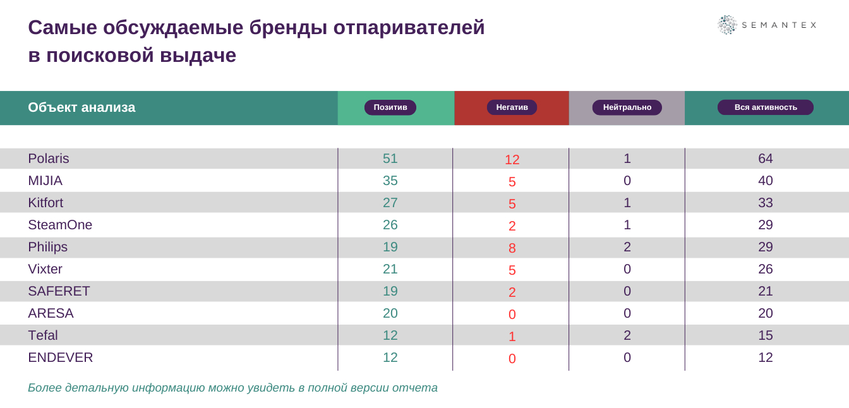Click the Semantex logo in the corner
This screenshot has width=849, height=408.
click(x=767, y=25)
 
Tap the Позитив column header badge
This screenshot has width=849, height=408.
click(x=390, y=107)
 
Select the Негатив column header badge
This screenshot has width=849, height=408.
click(x=512, y=107)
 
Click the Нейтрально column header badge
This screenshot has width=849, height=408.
click(x=627, y=107)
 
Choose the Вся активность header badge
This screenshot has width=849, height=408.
click(x=765, y=107)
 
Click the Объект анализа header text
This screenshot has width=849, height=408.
click(x=81, y=107)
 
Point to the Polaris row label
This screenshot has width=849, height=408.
click(x=49, y=159)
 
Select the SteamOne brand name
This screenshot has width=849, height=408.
click(x=60, y=225)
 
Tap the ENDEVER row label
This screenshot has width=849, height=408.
click(x=61, y=357)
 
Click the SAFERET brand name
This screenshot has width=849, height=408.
click(x=59, y=291)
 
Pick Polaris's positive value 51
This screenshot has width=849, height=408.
click(x=390, y=159)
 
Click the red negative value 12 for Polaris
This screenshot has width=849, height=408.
click(x=512, y=160)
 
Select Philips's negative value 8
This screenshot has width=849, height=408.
click(x=512, y=248)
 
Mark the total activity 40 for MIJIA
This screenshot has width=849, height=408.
click(x=765, y=181)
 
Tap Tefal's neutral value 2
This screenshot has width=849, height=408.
click(x=627, y=335)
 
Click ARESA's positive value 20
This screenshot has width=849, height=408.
click(x=390, y=313)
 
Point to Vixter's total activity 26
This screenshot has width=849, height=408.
click(x=765, y=269)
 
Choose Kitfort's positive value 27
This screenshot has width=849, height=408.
click(x=390, y=203)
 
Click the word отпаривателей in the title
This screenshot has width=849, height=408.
click(x=409, y=28)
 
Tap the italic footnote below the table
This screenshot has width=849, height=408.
click(x=232, y=388)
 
